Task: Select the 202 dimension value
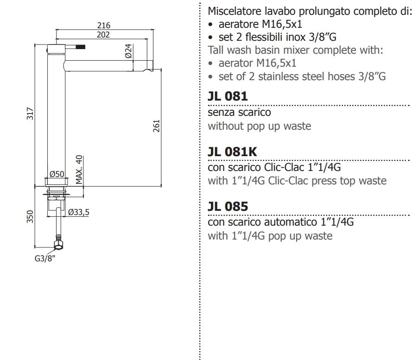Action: [104, 35]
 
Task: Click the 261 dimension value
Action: [156, 126]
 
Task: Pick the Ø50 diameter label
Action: [56, 174]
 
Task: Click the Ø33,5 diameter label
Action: [78, 212]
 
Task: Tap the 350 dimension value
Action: [30, 217]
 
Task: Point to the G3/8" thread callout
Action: [45, 259]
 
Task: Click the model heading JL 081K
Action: [232, 152]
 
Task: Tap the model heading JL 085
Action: [228, 206]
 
